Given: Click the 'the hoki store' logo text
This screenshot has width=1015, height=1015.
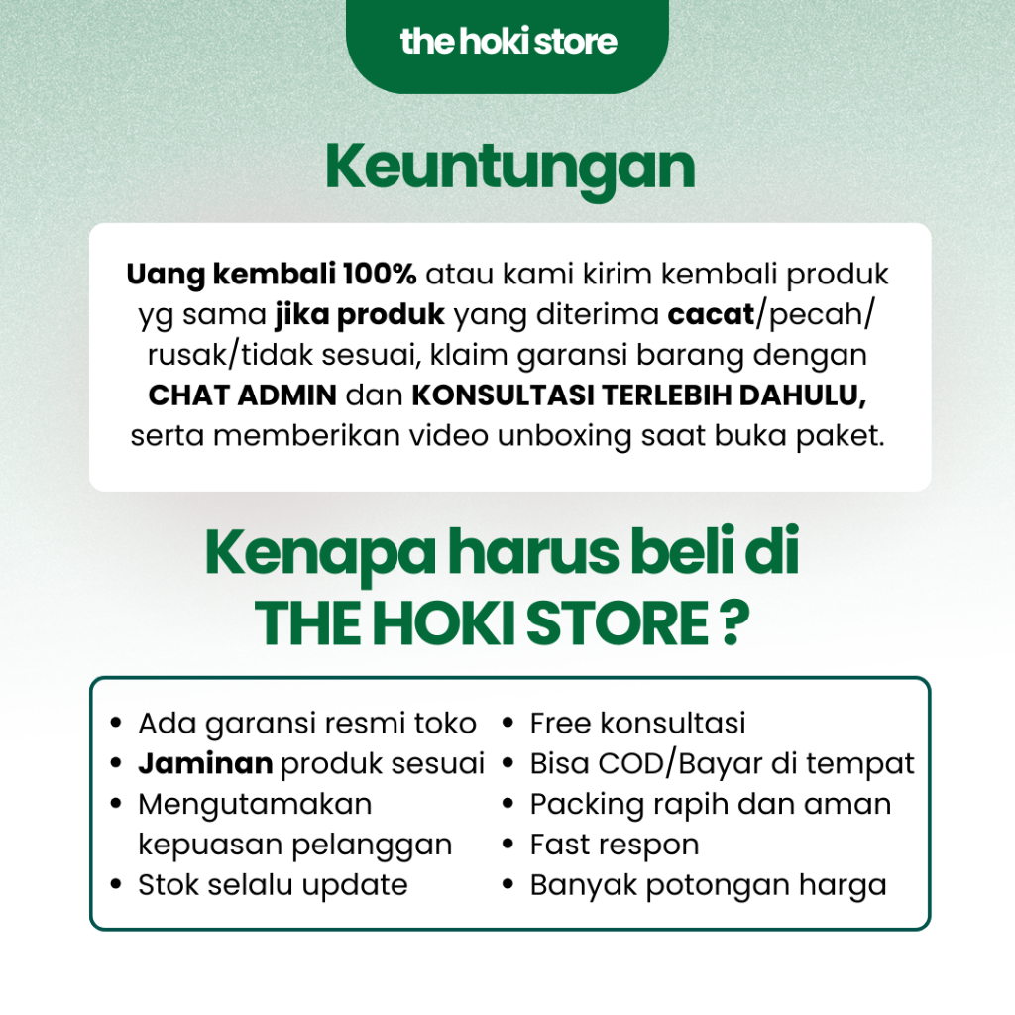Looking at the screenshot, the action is pos(508,42).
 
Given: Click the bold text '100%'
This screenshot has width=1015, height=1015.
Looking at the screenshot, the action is pos(380,274).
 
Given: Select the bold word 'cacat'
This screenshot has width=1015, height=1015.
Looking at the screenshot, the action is pos(711,314).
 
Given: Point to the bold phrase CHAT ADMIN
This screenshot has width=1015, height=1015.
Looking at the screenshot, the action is pos(243,395).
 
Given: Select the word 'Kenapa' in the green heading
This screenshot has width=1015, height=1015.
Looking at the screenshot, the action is pos(320,553).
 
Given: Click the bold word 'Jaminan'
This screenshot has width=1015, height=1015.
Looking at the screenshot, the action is pos(205,764).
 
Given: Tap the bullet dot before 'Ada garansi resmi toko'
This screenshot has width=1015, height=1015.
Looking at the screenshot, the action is pos(116,723).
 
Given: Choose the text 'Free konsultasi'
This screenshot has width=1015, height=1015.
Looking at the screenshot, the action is pos(637,723).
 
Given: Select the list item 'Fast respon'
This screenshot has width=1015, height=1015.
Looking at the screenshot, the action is pos(615,846).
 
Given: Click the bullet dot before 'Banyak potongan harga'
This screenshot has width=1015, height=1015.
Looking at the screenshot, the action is pos(507,884).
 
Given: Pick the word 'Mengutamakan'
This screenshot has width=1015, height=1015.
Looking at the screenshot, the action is pos(255,804).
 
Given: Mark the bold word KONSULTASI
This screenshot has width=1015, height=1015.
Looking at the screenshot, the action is pos(503,395).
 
